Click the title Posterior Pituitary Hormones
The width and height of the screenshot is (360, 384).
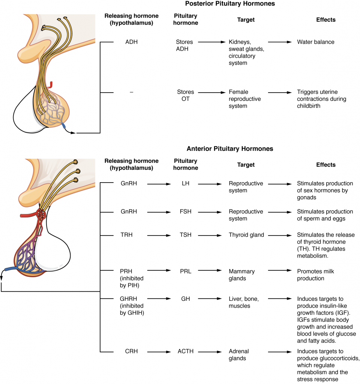(x=230, y=4)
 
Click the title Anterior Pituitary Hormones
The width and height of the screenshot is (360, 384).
(x=230, y=149)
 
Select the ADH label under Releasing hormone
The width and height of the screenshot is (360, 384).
(x=131, y=42)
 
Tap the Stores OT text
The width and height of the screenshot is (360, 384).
(x=185, y=95)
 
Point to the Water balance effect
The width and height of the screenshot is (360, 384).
(x=315, y=42)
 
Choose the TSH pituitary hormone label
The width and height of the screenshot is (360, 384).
(x=185, y=235)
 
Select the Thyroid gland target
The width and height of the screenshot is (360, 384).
(x=246, y=235)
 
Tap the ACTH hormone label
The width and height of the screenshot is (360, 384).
(x=185, y=351)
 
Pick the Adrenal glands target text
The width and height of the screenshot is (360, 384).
(x=239, y=355)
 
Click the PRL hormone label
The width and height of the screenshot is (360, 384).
(x=185, y=271)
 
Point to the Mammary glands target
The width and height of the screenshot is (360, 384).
(x=242, y=274)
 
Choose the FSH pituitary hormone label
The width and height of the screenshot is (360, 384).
(x=185, y=212)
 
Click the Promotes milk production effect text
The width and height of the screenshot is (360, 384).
(x=315, y=274)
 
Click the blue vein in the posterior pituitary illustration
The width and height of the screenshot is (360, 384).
(x=64, y=126)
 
